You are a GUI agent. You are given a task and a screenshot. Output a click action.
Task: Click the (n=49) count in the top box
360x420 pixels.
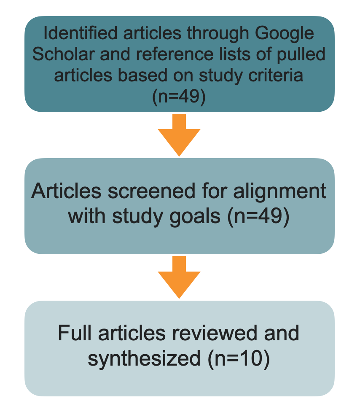coord(179,97)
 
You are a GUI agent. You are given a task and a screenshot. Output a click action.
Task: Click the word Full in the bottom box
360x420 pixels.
coord(75,334)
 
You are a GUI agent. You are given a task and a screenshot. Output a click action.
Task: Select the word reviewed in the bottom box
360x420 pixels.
coord(215,334)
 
